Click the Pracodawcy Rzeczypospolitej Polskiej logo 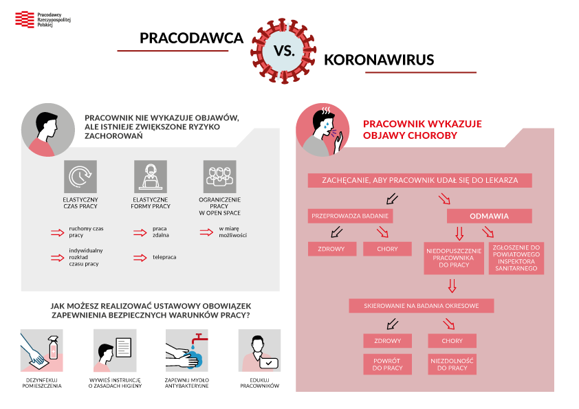tap(41, 19)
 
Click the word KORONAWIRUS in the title tap(378, 60)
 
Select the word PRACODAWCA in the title tap(191, 38)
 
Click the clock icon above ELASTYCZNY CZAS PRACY tap(80, 177)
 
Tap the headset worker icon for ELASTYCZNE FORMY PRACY tap(151, 177)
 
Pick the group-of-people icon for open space tap(220, 177)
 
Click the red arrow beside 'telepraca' tap(140, 257)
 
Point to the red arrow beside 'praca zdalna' tap(140, 232)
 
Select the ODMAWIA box tap(489, 216)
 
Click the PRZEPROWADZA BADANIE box tap(350, 216)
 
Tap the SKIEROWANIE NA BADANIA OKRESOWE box tap(421, 305)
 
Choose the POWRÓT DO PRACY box tap(387, 364)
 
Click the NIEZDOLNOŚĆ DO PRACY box tap(452, 364)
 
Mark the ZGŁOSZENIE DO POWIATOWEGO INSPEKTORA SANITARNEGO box tap(516, 258)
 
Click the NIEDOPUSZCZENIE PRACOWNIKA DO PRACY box tap(454, 258)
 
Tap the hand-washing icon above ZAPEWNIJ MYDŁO tap(186, 351)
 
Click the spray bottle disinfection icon tap(42, 351)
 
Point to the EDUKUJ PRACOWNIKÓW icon tap(259, 351)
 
